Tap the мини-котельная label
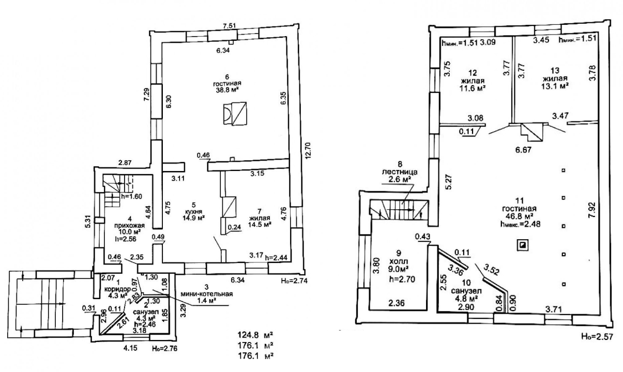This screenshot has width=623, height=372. (207, 295)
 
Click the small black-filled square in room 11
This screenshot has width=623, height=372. (523, 245)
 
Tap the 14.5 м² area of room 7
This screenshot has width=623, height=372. (260, 225)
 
